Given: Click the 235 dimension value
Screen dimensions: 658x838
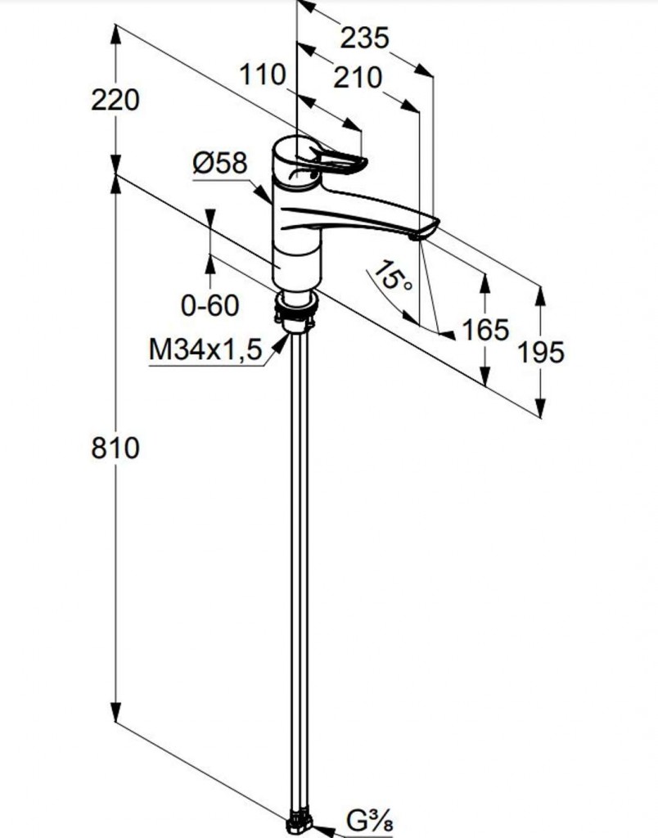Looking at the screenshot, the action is point(364,38).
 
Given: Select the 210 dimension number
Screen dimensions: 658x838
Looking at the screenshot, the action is point(358,78).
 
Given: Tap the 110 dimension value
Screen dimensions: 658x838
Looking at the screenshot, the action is point(263,74).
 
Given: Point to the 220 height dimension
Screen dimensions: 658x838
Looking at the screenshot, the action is point(115,100).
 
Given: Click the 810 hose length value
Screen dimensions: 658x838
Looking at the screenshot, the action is point(115,448).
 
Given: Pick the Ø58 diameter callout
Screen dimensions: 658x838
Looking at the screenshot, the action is point(220,163).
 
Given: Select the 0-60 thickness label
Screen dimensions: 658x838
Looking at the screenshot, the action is point(210,306).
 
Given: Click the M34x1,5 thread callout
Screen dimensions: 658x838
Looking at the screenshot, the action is point(205,350).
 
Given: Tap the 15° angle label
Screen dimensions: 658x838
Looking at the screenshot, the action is point(393,277).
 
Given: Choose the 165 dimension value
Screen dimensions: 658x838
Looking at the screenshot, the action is point(485,330).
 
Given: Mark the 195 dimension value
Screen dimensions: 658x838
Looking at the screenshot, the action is point(541,352).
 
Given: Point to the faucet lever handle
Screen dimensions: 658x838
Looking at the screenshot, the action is point(336,160).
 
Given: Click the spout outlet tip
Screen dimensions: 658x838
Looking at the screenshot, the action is point(415,237).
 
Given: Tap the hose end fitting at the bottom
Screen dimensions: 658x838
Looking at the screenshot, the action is point(299,824).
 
